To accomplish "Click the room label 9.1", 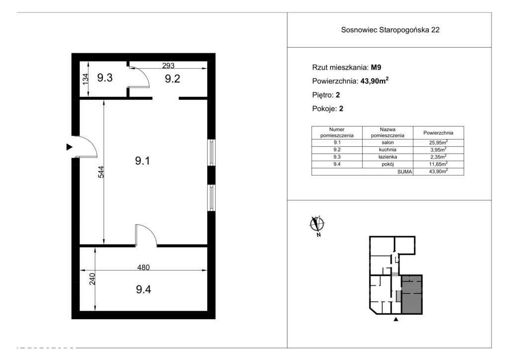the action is (x=143, y=161).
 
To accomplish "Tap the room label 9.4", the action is (x=143, y=289).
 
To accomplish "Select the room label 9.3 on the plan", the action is (x=105, y=78).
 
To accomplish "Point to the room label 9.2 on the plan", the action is (x=172, y=79).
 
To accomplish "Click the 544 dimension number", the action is (x=101, y=172).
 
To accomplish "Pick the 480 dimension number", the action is (x=143, y=267).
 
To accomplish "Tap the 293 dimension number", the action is (x=168, y=65).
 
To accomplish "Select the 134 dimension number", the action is (x=85, y=80).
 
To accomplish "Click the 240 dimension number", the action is (x=92, y=279).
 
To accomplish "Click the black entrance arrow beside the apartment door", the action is (x=69, y=147).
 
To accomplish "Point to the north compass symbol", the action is (x=317, y=225).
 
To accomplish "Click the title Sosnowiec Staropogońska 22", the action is (x=390, y=30).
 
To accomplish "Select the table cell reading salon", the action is (x=388, y=143).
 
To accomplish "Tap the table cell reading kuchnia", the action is (x=388, y=150).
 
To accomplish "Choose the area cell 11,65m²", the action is (x=438, y=164).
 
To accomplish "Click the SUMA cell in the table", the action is (x=405, y=172).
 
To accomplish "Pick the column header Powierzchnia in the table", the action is (x=438, y=133).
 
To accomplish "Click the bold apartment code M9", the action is (x=376, y=68).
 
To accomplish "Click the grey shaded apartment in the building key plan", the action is (x=412, y=294).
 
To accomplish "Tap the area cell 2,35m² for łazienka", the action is (x=438, y=157).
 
